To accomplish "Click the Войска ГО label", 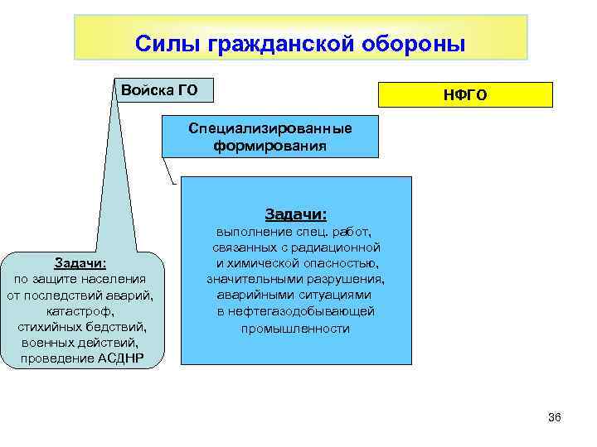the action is coord(159,89).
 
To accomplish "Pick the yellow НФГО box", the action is coord(465,95).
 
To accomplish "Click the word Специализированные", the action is coord(269,129).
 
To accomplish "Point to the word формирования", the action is coord(269,146).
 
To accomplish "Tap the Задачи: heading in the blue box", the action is coord(295,214).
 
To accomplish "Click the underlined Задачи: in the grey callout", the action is coord(80,263).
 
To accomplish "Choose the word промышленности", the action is coord(295,329).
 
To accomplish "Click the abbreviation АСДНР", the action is coord(119,358).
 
